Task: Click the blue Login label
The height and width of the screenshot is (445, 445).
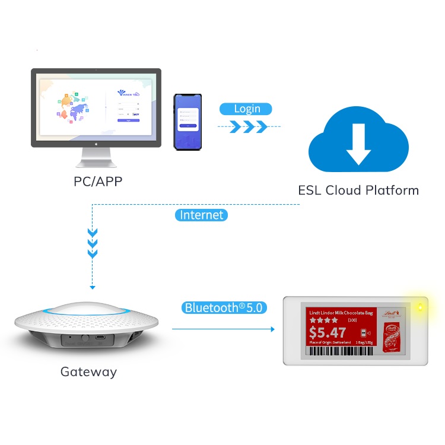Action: (x=246, y=109)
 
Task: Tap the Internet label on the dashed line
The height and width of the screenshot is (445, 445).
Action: (x=201, y=215)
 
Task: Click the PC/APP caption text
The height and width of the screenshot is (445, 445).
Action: (x=98, y=182)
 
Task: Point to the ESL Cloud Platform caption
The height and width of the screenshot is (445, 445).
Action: (x=358, y=190)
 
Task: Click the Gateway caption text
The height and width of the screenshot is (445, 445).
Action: (x=88, y=372)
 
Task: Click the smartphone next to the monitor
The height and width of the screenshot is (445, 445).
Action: (x=188, y=120)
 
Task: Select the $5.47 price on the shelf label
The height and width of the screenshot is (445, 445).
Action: (x=328, y=333)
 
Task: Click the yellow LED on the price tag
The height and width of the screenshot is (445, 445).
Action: (x=420, y=307)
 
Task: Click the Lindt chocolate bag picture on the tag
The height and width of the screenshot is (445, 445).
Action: (x=393, y=330)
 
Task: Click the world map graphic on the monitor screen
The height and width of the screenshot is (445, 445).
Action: (x=73, y=109)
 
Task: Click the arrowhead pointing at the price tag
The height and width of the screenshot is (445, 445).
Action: (x=272, y=329)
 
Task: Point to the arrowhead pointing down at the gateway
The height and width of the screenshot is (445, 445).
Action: (x=92, y=287)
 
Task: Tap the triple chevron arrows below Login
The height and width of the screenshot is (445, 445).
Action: (x=244, y=126)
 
